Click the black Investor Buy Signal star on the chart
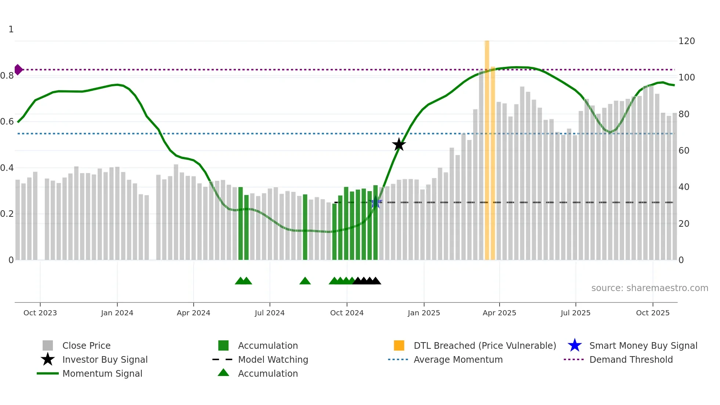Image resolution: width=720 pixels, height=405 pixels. point(399,144)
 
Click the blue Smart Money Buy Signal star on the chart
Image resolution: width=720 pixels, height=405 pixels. point(375,202)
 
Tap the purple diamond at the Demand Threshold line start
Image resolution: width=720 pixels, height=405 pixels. point(18,69)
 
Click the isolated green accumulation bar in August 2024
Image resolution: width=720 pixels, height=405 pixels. point(305,227)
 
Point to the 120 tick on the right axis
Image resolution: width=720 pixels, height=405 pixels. point(686,41)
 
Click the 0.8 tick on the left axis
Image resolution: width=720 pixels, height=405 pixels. point(7,76)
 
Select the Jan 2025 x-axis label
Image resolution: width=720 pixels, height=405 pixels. point(424,313)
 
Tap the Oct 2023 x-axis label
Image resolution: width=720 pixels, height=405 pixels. point(40,313)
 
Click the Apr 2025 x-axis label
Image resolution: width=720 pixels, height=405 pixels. point(499,313)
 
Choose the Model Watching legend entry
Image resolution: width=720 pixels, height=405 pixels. point(273,359)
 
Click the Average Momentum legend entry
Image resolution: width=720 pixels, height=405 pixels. point(458,359)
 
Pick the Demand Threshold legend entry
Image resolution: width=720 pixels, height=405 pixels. point(631,359)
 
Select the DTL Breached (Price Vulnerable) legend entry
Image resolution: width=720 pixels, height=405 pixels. point(485,345)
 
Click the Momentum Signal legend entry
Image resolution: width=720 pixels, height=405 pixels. point(102,373)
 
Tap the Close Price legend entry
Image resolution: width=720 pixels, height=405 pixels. point(86,345)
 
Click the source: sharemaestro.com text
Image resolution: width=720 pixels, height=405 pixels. point(649,288)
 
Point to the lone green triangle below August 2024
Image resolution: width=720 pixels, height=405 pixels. point(305,281)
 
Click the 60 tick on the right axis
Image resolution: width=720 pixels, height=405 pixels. point(684,151)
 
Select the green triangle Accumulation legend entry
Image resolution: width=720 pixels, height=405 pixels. point(267,373)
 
